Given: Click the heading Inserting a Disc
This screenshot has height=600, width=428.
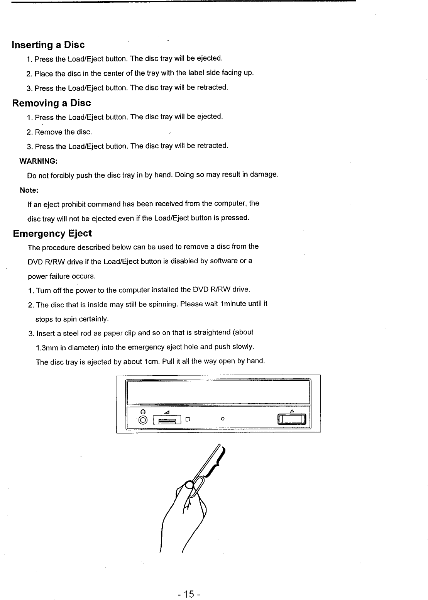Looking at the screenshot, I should point(48,45).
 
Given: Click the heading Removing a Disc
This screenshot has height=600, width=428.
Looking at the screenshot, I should point(51,103).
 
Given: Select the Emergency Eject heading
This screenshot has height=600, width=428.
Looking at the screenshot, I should point(52,233).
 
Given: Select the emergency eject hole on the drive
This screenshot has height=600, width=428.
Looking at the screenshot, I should point(222,419).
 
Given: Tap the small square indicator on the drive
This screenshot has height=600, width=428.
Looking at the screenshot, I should point(188,419).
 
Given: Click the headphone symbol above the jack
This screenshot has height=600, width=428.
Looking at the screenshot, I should point(143,411).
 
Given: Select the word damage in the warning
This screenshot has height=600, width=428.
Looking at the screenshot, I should point(264,175).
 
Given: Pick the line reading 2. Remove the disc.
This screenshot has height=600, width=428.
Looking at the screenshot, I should point(59,132).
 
